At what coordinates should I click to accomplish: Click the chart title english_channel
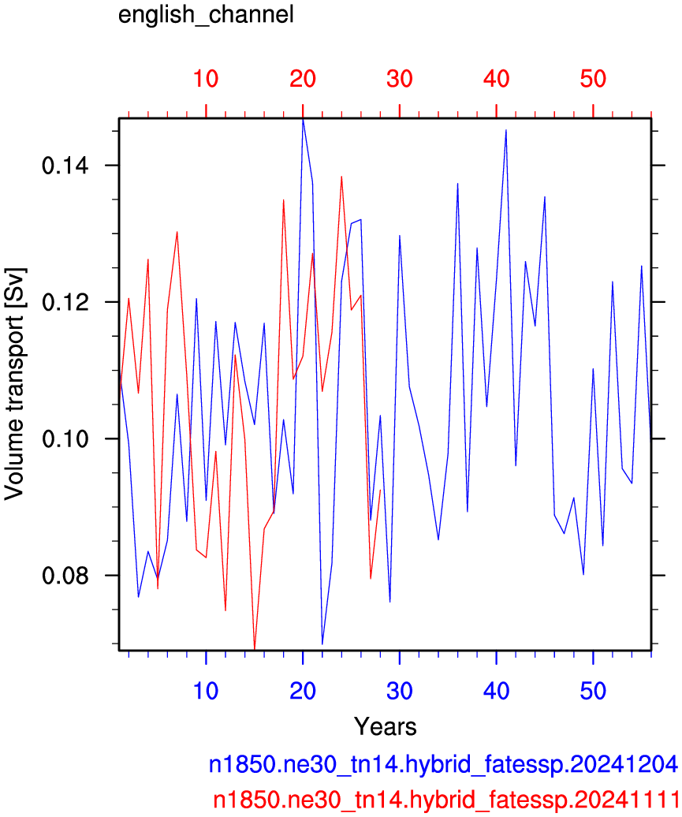tap(206, 14)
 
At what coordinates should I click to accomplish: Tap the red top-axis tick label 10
tap(206, 79)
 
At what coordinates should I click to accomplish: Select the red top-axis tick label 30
tap(400, 79)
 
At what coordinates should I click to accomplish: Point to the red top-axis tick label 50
tap(593, 79)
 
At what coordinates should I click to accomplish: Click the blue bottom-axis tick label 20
tap(303, 691)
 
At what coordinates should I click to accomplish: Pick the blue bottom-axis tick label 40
tap(496, 691)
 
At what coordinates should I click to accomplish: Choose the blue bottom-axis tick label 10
tap(206, 691)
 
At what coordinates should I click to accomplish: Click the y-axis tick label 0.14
tap(65, 166)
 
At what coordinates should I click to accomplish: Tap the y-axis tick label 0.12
tap(65, 302)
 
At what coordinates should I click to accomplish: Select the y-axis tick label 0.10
tap(65, 438)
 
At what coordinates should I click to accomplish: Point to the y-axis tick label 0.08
tap(65, 576)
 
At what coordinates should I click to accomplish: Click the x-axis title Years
tap(386, 726)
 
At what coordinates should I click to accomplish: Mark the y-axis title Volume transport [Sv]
tap(14, 385)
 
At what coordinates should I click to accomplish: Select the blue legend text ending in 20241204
tap(443, 764)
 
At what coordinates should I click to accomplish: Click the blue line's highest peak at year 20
tap(303, 120)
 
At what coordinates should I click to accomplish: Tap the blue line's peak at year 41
tap(506, 130)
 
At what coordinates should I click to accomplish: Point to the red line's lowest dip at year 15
tap(254, 649)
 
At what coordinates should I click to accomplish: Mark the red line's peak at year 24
tap(341, 176)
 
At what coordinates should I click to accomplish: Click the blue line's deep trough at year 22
tap(322, 644)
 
